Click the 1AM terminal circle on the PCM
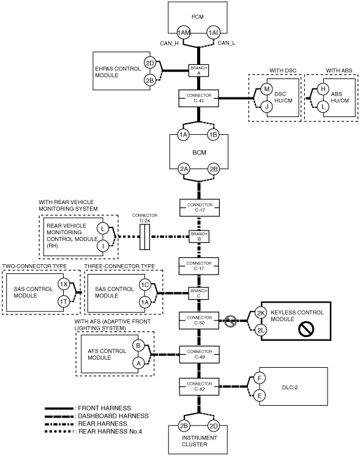coord(183,32)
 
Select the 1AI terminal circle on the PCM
coord(213,32)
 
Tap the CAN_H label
coord(169,44)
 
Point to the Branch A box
coord(199,70)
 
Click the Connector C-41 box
coord(199,98)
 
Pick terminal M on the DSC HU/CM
coord(266,89)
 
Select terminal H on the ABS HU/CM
coord(323,89)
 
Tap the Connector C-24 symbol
coord(144,237)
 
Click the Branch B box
coord(199,237)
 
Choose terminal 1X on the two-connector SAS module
coord(63,284)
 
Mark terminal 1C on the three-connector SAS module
coord(144,284)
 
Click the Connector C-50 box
coord(199,321)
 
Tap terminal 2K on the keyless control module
coord(261,313)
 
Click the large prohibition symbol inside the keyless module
coord(306,329)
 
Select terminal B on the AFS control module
coord(138,346)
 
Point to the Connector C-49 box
coord(199,354)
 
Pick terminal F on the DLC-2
coord(260,378)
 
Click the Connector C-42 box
coord(199,387)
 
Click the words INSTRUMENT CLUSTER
coord(199,441)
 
